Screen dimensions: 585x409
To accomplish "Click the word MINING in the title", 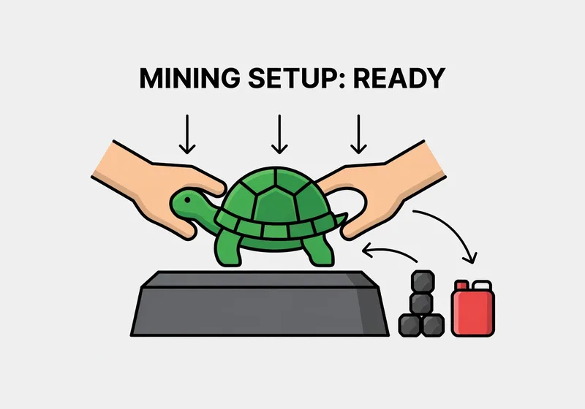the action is coord(189,78).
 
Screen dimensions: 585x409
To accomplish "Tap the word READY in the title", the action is coord(399,78).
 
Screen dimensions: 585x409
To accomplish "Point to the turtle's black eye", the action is coord(187,200).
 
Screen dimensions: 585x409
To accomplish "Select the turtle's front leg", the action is coord(227,249).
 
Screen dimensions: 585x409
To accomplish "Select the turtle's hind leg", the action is coord(318,251).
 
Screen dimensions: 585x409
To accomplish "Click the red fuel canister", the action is coord(472,308).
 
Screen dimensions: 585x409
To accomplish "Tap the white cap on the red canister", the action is coord(482,285).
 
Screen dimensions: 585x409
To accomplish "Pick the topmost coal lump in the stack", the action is coord(423,281).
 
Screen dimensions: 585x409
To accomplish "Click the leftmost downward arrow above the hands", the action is coord(187,134).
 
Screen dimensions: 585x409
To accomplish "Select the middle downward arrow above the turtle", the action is coord(279,134).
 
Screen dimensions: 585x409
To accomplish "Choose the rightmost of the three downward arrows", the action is coord(358,134).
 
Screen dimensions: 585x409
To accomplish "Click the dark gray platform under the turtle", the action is coord(260,304).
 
